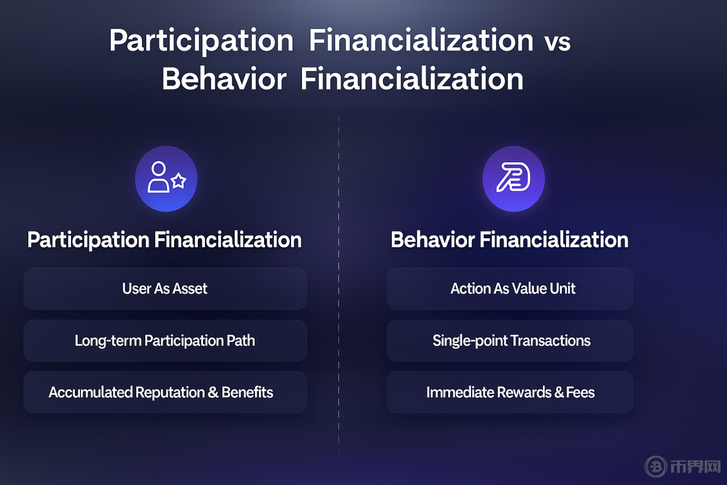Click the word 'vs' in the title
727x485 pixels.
[558, 43]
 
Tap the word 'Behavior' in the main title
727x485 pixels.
[224, 79]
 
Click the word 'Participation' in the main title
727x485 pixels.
[201, 41]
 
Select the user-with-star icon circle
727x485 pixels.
[166, 178]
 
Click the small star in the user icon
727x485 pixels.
[178, 180]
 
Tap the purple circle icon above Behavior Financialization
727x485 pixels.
[514, 178]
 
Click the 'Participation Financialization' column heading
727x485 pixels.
[165, 240]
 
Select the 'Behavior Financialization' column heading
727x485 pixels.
[510, 240]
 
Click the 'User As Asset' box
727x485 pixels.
[165, 289]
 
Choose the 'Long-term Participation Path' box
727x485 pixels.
[165, 340]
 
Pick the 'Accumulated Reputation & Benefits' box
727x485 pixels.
[165, 392]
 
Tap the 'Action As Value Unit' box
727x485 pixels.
[510, 289]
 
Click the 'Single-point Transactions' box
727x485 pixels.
[510, 340]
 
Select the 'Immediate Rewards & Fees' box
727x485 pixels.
[510, 392]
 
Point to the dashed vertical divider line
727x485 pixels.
[338, 285]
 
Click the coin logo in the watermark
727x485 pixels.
[655, 467]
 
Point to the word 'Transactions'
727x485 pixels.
[550, 340]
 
